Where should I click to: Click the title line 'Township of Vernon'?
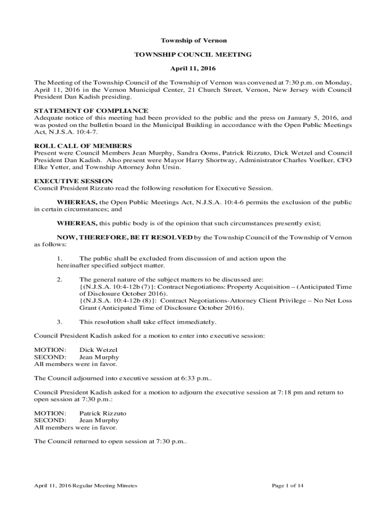point(193,40)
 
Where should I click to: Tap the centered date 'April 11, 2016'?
point(193,68)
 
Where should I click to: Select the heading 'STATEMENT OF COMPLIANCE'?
point(91,110)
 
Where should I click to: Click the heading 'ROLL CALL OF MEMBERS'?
point(83,146)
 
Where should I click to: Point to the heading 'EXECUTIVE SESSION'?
point(73,181)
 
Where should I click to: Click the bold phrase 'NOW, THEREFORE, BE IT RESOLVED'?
point(124,237)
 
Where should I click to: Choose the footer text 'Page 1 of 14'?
point(287,486)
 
